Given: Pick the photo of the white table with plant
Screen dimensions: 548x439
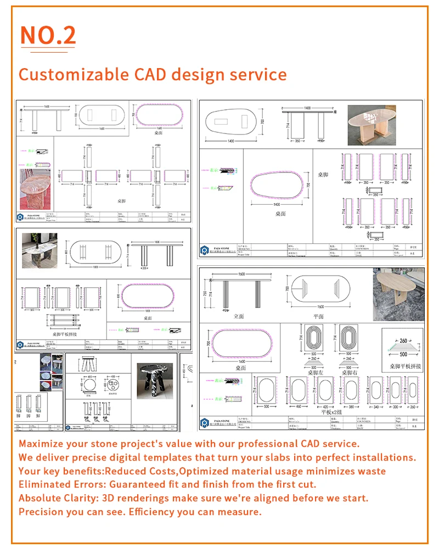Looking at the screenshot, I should [x=39, y=250].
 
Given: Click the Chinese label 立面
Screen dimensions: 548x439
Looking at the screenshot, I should [x=239, y=316].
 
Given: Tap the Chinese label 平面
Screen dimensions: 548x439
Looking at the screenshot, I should [x=318, y=316].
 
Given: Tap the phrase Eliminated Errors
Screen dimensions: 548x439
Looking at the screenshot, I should [x=62, y=484].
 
